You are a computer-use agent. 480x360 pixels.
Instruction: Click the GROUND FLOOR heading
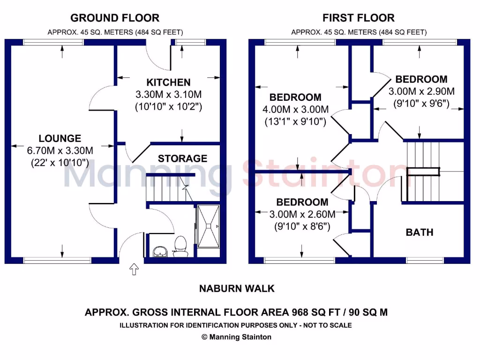(115, 18)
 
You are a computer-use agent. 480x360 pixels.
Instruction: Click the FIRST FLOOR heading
(359, 18)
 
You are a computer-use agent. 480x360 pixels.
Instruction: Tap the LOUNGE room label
(60, 138)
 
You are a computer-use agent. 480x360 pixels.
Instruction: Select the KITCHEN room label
(168, 82)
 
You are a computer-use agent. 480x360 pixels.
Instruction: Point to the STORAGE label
(182, 158)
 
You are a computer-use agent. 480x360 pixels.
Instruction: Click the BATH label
(420, 232)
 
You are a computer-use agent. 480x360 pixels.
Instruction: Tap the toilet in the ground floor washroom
(180, 245)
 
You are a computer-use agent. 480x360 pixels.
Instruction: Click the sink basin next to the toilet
(160, 252)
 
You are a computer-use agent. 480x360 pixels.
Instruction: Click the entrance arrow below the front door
(134, 270)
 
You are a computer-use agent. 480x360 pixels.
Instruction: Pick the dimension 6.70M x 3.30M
(60, 150)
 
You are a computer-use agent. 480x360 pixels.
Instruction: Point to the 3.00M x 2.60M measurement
(302, 215)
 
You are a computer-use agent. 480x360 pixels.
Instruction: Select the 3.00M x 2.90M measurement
(421, 91)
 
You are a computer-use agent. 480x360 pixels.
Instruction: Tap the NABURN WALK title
(237, 288)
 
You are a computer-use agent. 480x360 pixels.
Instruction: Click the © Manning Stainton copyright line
(236, 337)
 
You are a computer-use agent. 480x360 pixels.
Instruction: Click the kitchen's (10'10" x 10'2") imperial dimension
(168, 106)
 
